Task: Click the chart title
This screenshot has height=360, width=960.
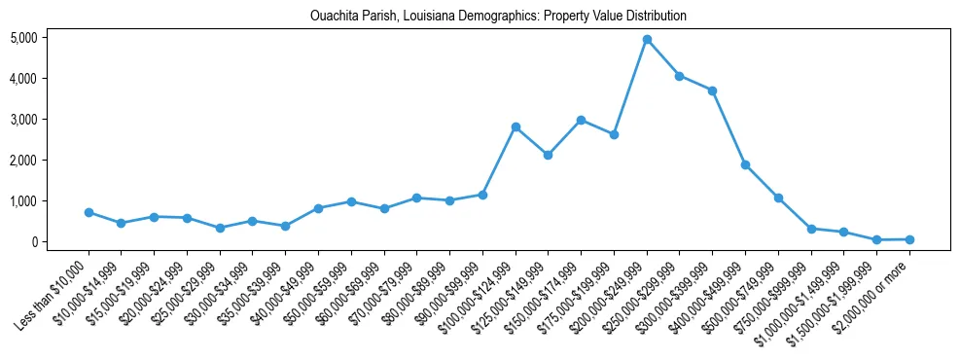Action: (x=498, y=17)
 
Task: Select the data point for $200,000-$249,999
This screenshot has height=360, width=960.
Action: (x=647, y=39)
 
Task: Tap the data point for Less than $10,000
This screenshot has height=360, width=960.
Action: (x=89, y=212)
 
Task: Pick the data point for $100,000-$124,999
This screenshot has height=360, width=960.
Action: (x=516, y=126)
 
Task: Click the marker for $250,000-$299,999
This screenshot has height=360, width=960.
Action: (x=680, y=76)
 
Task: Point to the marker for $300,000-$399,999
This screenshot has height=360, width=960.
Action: (x=713, y=90)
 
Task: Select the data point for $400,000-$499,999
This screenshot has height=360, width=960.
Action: (x=745, y=164)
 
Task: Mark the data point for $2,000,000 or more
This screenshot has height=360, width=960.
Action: (x=909, y=239)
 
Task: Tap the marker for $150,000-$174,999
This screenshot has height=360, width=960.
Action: (x=581, y=120)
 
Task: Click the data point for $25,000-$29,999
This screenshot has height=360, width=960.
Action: (x=220, y=228)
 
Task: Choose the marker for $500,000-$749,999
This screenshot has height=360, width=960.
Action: (x=778, y=198)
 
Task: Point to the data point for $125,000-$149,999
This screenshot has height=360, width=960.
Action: (x=549, y=155)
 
